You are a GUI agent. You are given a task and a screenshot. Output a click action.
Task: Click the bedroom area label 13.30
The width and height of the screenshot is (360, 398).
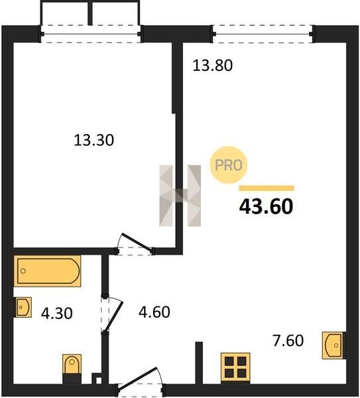(x=94, y=141)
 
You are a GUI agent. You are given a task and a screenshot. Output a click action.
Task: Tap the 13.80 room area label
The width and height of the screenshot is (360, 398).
(x=212, y=65)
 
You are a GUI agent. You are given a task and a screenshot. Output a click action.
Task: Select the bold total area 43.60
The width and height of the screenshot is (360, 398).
(x=266, y=206)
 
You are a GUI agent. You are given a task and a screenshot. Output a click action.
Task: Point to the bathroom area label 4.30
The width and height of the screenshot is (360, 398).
(x=57, y=313)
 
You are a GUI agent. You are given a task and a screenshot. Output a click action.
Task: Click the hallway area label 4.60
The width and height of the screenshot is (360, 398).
(x=154, y=312)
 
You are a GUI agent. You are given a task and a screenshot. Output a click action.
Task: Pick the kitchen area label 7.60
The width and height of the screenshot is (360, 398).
(x=288, y=341)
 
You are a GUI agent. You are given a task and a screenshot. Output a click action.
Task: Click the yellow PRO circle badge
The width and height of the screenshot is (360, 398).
(x=229, y=165)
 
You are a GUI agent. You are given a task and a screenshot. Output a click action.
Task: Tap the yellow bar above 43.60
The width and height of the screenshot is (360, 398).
(x=267, y=188)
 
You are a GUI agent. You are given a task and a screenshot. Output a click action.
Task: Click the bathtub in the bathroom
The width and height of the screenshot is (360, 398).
(x=48, y=271)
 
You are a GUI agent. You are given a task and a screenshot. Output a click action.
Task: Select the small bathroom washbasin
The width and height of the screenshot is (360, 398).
(x=23, y=307)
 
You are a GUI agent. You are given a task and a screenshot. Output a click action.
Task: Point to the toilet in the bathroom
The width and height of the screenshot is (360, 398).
(x=72, y=369)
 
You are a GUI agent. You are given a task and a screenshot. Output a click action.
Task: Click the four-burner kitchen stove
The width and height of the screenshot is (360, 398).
(x=235, y=367)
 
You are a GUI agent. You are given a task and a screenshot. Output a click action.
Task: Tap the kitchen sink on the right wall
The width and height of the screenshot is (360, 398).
(x=333, y=345)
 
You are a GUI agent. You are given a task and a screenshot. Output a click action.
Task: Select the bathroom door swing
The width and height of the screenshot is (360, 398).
(x=113, y=314)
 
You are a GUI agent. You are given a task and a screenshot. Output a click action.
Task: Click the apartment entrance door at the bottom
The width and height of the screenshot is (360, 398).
(x=140, y=381)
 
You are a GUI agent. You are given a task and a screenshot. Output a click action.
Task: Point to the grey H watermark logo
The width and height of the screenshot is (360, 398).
(x=180, y=196)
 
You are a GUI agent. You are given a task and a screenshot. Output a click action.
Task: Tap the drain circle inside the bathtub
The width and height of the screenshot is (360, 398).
(x=23, y=271)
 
